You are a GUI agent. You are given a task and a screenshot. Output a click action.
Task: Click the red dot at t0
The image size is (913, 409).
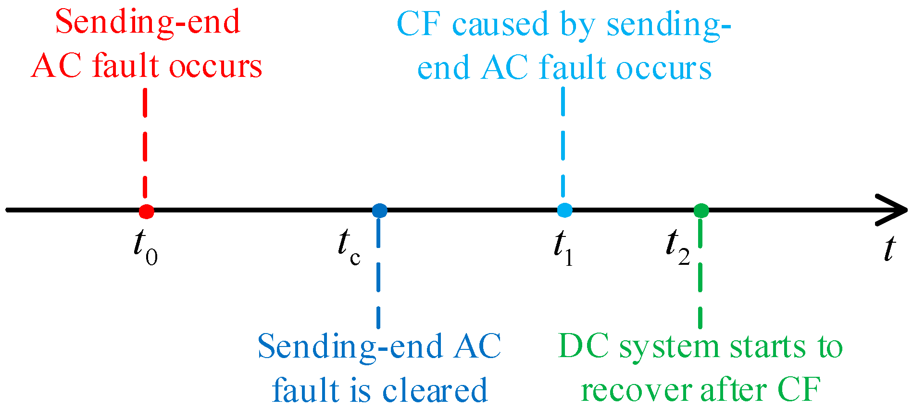(x=146, y=211)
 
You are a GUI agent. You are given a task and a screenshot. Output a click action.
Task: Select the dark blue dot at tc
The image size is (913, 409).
(x=379, y=211)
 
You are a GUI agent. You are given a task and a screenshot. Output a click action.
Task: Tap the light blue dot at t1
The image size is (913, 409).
(x=564, y=210)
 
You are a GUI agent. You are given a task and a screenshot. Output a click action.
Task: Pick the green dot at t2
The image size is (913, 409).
(x=701, y=211)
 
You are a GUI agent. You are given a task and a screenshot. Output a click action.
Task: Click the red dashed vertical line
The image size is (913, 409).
(x=145, y=144)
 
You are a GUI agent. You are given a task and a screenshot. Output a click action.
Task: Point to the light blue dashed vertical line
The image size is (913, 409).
(x=563, y=144)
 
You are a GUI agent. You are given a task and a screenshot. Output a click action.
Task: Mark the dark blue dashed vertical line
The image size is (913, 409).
(x=379, y=284)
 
